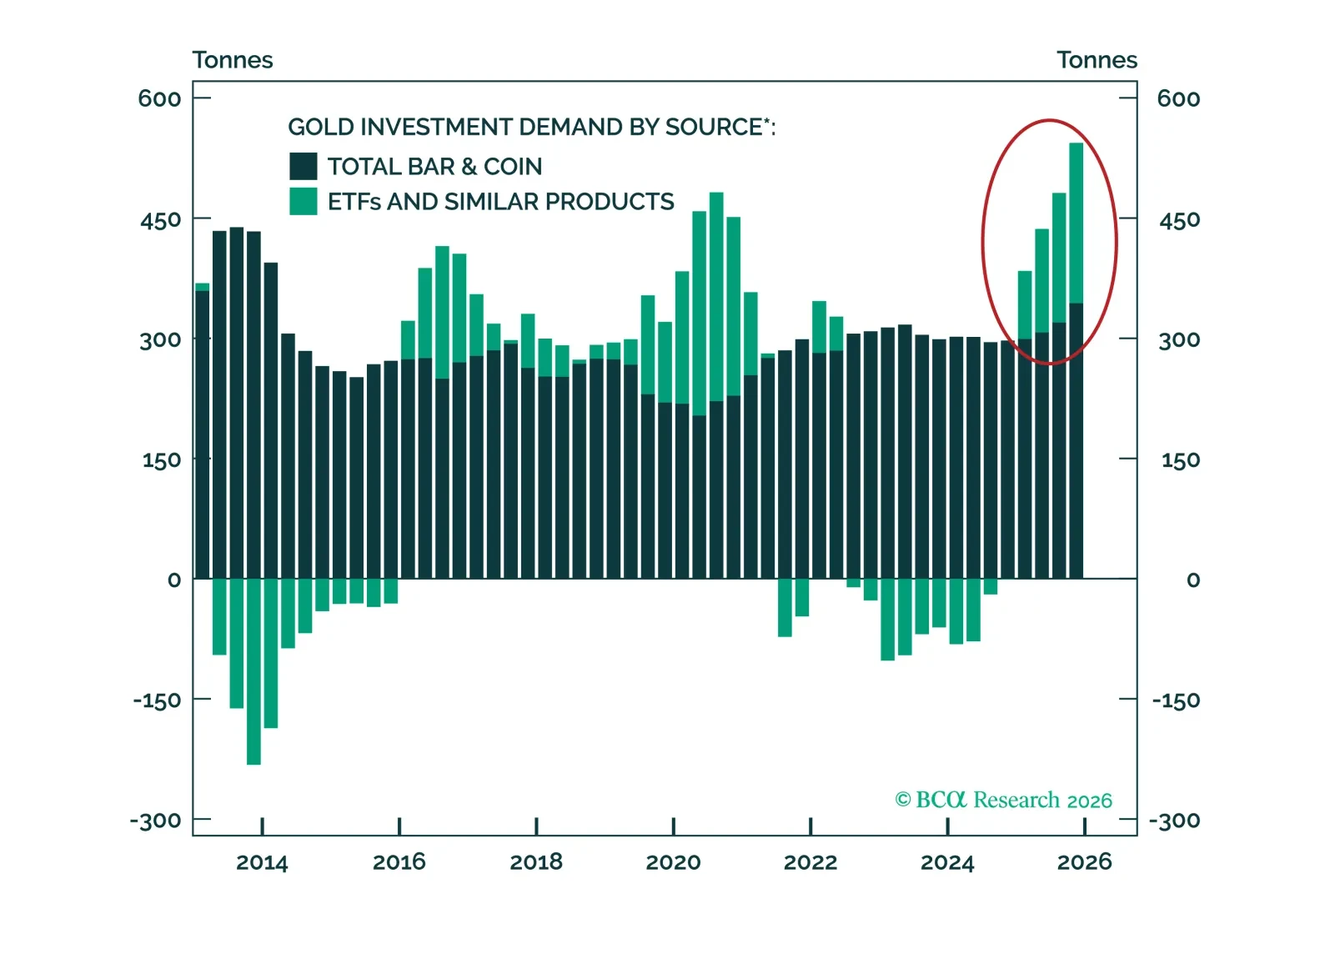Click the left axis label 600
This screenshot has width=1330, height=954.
[x=159, y=98]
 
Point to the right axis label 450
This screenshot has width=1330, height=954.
[x=1179, y=220]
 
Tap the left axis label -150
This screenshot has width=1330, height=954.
[x=157, y=700]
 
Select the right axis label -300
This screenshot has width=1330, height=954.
[x=1174, y=821]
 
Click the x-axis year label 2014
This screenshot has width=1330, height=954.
[x=262, y=862]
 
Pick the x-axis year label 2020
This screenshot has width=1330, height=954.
[x=673, y=862]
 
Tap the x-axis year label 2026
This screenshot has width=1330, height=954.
[x=1084, y=862]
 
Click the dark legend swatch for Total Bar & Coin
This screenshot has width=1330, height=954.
[x=303, y=166]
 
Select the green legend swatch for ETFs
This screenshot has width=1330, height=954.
[x=303, y=202]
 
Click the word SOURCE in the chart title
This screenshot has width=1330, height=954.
[x=713, y=127]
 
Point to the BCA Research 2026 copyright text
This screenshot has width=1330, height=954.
[x=1003, y=800]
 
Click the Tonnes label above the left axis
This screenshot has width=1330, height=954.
[x=233, y=60]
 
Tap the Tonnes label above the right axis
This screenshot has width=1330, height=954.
[x=1097, y=60]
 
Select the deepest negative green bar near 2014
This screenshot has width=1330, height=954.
[x=253, y=671]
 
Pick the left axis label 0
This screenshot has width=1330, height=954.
[x=173, y=580]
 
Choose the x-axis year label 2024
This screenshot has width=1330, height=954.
[x=947, y=862]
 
